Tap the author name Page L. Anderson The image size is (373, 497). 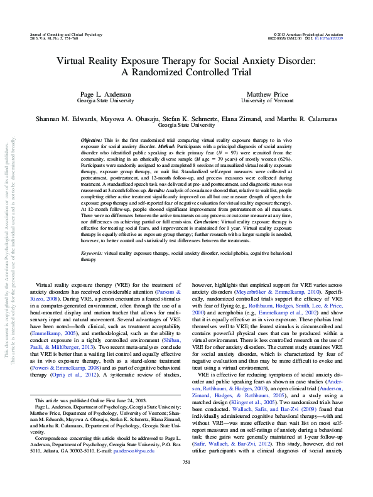105,93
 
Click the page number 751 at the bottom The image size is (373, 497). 186,480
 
